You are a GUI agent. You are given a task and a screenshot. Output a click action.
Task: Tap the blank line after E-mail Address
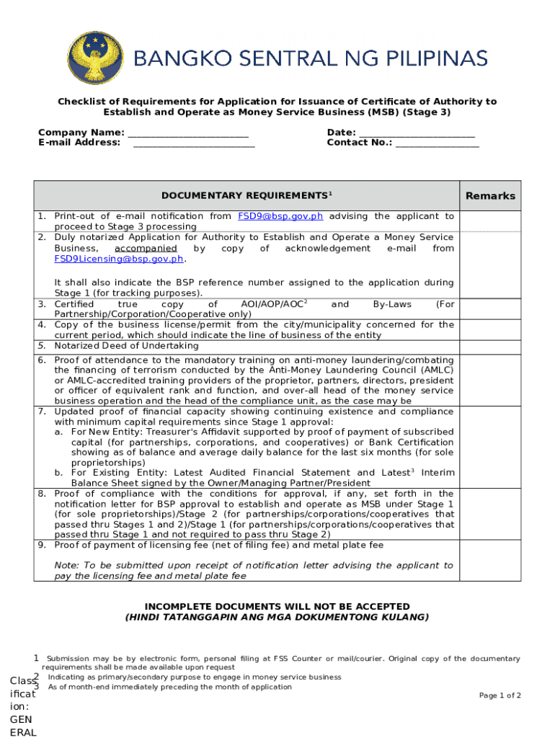[x=194, y=144]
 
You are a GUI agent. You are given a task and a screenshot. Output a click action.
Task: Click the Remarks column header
[x=490, y=196]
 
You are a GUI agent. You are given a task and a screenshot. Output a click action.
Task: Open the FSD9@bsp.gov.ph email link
[x=280, y=216]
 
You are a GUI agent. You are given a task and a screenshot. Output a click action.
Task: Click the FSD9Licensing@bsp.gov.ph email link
[x=119, y=259]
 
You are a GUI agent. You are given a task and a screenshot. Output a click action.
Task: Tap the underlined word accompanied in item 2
[x=136, y=248]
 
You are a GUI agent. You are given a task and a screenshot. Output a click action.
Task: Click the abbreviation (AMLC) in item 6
[x=435, y=370]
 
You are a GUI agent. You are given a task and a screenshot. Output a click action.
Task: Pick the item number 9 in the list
[x=42, y=545]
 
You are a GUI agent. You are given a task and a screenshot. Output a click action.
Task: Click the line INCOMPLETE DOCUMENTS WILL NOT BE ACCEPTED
[x=277, y=607]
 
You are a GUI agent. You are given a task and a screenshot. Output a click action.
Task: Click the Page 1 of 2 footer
[x=500, y=695]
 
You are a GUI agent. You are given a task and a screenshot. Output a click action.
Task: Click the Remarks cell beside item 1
[x=490, y=221]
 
